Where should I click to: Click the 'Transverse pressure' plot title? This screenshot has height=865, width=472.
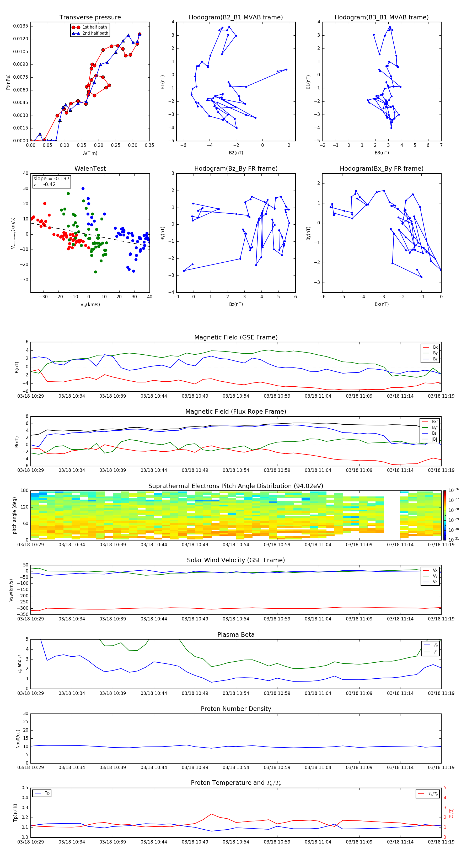point(90,18)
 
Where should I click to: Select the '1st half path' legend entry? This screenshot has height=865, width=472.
point(94,27)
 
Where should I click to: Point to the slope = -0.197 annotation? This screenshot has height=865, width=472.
point(51,179)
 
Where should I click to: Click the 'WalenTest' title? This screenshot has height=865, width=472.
point(90,169)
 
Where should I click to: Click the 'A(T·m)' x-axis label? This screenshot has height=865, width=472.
point(90,153)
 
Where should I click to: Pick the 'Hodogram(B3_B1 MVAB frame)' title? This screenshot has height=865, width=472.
point(381,18)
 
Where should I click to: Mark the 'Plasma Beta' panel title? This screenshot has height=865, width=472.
point(236,635)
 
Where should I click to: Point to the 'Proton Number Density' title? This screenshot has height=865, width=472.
point(236,709)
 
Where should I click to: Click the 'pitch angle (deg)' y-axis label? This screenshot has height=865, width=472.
point(14,515)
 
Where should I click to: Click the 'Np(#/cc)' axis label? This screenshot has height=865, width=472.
point(18,739)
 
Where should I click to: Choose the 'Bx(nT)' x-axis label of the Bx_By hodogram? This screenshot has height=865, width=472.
point(382,304)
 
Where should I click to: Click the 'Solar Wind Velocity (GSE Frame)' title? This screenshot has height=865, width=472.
point(236,560)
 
